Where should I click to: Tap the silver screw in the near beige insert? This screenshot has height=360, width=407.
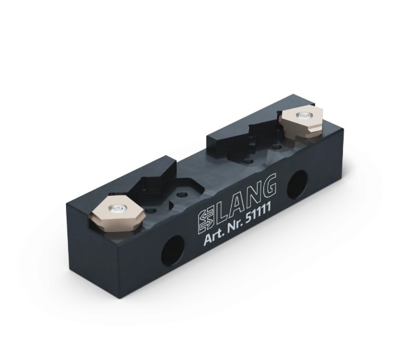click(x=116, y=208)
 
